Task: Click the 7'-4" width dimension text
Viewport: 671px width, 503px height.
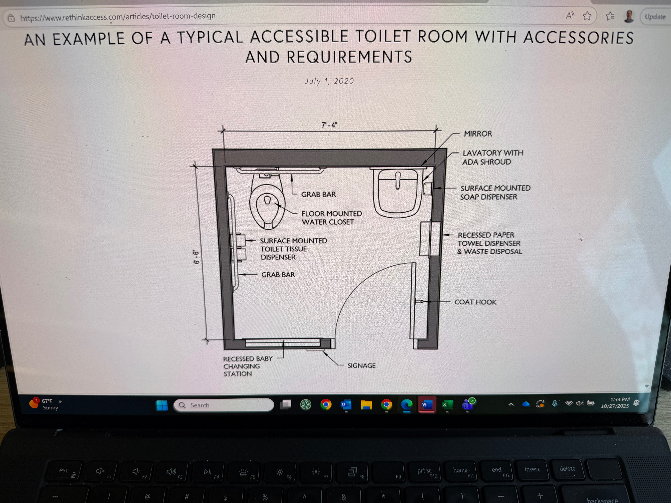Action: (x=329, y=125)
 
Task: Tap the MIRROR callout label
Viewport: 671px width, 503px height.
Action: (x=478, y=134)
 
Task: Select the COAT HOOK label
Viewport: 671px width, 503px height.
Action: (x=475, y=302)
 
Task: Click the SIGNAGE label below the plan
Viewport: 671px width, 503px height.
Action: (x=361, y=366)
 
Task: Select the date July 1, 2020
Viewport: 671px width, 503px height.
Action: (x=329, y=81)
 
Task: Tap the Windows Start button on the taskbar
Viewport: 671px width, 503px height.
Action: (x=162, y=405)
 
